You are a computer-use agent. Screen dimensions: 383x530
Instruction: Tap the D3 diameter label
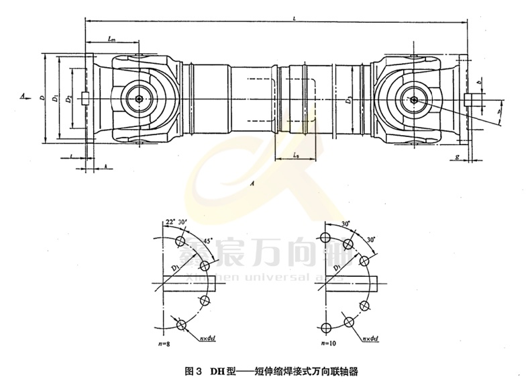(x=348, y=101)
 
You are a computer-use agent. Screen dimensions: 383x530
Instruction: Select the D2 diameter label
(x=68, y=99)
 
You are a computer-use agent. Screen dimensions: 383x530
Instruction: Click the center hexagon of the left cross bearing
(x=138, y=99)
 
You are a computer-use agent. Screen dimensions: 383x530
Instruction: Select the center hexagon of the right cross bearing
(x=415, y=100)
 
